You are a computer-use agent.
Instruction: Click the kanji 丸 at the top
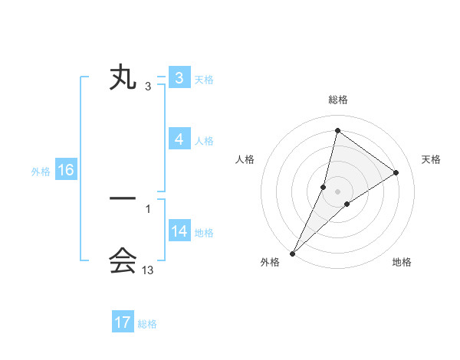click(123, 79)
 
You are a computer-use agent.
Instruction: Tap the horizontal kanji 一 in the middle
click(123, 199)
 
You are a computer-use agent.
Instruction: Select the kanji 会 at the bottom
click(123, 261)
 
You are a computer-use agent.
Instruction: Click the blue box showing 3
click(179, 78)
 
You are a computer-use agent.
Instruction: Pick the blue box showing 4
click(179, 139)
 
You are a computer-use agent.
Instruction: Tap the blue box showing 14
click(179, 231)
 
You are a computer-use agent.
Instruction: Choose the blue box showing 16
click(65, 170)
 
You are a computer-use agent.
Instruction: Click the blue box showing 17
click(123, 322)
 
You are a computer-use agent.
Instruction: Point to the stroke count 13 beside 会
click(148, 270)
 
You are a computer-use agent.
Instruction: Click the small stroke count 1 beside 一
click(148, 208)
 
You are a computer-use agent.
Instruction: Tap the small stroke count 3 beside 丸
click(148, 87)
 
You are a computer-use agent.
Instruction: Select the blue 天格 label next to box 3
click(204, 80)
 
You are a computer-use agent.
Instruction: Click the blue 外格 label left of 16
click(41, 172)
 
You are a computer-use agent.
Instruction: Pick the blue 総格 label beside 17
click(147, 324)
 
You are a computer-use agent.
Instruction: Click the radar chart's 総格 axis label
click(338, 100)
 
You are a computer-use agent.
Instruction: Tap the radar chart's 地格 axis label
click(402, 263)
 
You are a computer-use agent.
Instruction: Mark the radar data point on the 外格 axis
click(293, 253)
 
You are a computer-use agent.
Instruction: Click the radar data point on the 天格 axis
click(396, 172)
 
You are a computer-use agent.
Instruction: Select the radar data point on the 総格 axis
click(337, 131)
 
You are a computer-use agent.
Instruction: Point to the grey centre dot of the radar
click(337, 191)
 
